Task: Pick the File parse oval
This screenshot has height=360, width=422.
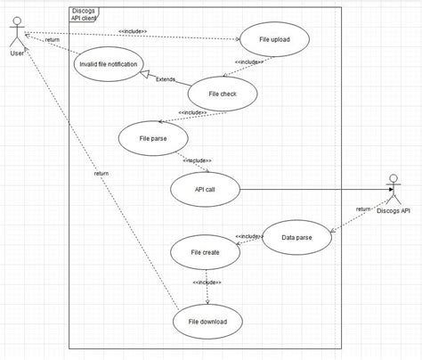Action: (x=153, y=138)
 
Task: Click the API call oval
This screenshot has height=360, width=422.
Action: (x=204, y=189)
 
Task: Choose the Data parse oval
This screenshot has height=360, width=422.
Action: (x=296, y=237)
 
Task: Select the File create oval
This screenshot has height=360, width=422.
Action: (x=205, y=252)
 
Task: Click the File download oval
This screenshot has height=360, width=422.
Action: (x=207, y=322)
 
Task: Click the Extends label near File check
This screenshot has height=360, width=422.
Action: (x=166, y=79)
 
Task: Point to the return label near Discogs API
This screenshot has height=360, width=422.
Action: (x=363, y=209)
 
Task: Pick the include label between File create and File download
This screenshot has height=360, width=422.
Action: (x=207, y=282)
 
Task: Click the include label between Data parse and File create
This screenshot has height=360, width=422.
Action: (x=248, y=236)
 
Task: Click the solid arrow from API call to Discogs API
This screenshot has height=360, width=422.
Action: (x=312, y=189)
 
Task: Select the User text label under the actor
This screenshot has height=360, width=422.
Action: (x=16, y=53)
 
